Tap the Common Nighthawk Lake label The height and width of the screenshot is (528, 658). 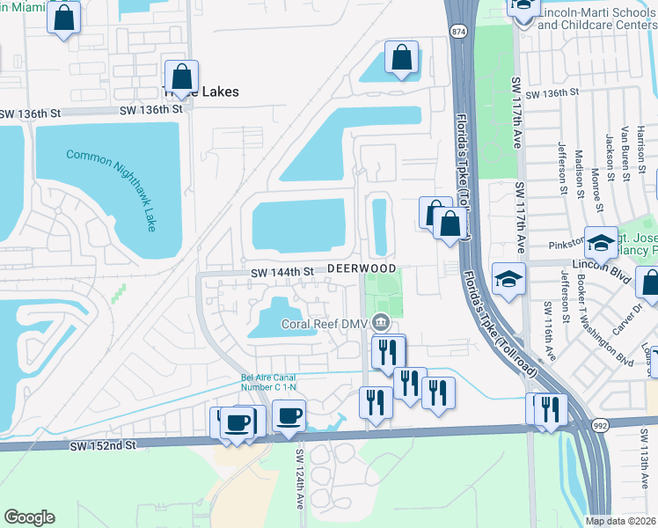pos(112,188)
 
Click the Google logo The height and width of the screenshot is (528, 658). pos(29,517)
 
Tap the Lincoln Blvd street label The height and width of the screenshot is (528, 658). pos(597,264)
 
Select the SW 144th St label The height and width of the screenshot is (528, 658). pos(282,273)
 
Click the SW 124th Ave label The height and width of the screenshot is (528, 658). pos(299,480)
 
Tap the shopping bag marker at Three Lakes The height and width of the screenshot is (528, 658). pos(181,77)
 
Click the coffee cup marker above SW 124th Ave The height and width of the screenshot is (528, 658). pos(289,414)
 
